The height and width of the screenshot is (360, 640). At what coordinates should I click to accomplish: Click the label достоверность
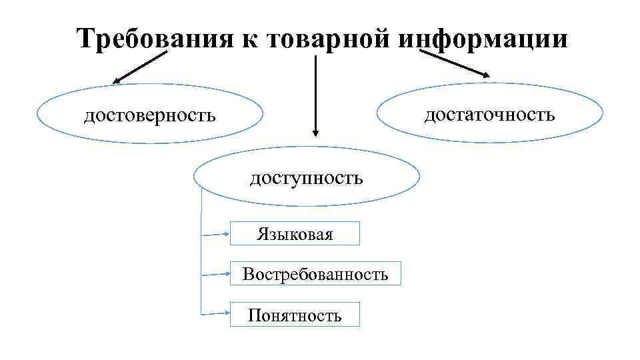click(x=149, y=115)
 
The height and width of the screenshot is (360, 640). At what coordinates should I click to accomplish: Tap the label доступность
click(x=307, y=178)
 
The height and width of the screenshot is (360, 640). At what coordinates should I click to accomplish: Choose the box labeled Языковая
click(x=295, y=234)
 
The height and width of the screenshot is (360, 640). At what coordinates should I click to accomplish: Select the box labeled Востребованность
click(x=315, y=274)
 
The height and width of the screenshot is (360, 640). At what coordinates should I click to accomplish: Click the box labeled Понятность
click(x=295, y=315)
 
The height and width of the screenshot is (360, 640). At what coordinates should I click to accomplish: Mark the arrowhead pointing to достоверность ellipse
click(x=115, y=82)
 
